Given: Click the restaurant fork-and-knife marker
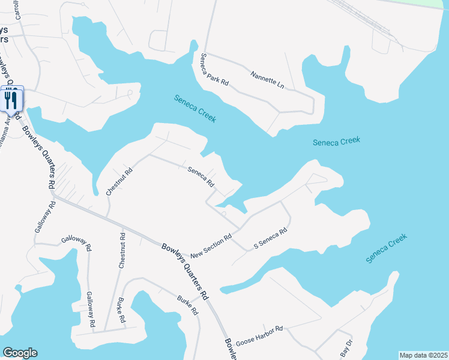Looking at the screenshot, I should [x=11, y=100].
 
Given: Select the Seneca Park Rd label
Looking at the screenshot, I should [x=215, y=69].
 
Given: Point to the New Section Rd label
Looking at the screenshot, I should [x=211, y=246].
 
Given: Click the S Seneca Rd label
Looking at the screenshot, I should [x=271, y=238].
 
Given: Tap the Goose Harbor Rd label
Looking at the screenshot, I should [x=259, y=334].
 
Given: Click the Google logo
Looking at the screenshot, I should [x=20, y=353].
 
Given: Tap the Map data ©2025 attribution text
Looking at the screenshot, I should [x=423, y=355].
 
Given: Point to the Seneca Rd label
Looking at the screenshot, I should [x=201, y=177].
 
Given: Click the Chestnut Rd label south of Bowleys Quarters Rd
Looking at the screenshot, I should [x=122, y=253].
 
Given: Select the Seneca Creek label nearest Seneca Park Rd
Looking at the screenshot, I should [x=194, y=109].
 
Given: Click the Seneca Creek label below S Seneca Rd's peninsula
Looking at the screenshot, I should [x=387, y=248].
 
